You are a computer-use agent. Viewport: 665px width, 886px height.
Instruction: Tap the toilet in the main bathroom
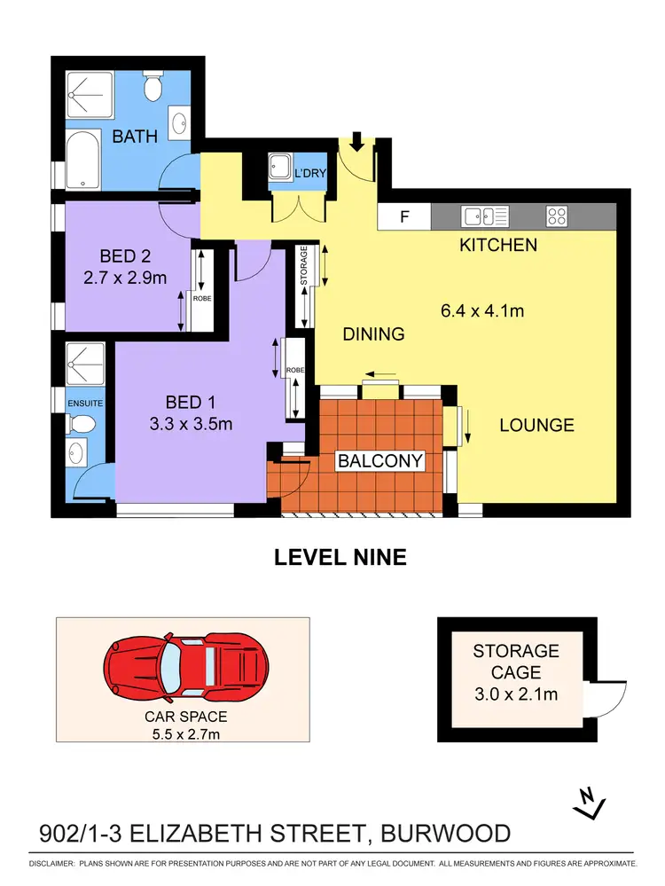(x=153, y=89)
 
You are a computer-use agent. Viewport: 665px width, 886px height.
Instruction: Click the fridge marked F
(x=404, y=216)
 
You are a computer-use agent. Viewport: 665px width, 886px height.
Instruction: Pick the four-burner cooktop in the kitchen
(x=557, y=216)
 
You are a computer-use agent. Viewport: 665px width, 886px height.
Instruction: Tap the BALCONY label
(x=379, y=460)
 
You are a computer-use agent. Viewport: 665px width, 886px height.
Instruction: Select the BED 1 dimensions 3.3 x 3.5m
(x=191, y=424)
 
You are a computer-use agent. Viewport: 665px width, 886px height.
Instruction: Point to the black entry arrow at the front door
(x=357, y=140)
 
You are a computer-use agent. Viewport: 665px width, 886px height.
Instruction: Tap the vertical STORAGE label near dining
(x=304, y=266)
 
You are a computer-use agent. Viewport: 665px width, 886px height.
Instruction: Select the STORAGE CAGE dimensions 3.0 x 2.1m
(x=515, y=694)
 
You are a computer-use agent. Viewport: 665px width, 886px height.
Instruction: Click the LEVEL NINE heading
(x=340, y=558)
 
